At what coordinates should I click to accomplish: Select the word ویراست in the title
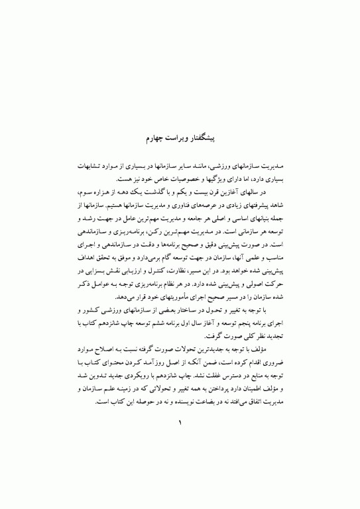point(180,138)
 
